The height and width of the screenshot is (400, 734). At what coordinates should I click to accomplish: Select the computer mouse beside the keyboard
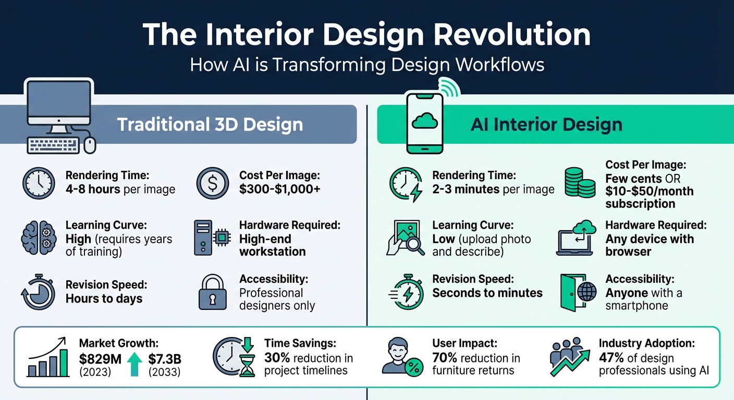pos(90,145)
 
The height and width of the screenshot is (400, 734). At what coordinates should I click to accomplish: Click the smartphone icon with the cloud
pos(424,123)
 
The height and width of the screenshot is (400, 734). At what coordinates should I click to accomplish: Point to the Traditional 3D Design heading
pos(210,124)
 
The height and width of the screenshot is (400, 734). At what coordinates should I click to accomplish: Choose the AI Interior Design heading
pos(546,124)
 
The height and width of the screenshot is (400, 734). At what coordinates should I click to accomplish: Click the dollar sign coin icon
pos(213,183)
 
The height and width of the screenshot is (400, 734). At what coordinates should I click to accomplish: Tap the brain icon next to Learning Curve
pos(39,238)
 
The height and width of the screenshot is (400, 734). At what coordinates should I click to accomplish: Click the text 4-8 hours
pos(93,189)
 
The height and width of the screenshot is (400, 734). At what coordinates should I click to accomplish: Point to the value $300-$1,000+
pos(280,189)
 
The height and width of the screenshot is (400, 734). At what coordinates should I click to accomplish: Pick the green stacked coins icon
pos(579,182)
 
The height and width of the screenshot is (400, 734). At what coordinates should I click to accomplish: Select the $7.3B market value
pos(165,359)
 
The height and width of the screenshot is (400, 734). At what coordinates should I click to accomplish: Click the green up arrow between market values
pos(134,364)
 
